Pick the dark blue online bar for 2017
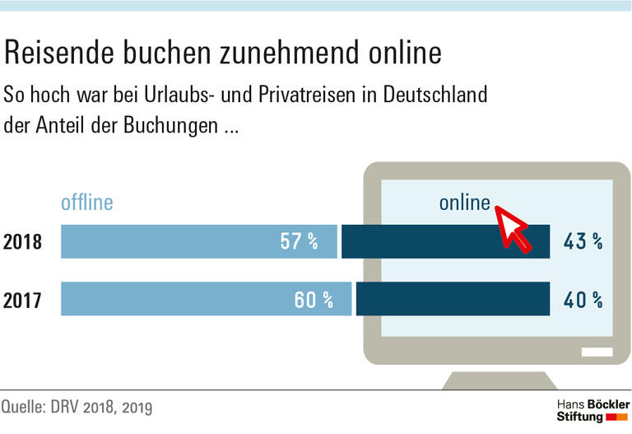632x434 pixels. point(453,299)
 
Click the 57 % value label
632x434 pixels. point(300,242)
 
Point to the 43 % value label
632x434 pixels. point(583,242)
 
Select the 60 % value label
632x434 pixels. point(314,300)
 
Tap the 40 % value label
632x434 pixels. point(583,300)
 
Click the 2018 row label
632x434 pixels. point(22,243)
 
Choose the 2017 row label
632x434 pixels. point(22,300)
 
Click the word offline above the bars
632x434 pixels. point(86,203)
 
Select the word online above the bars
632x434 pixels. point(464,203)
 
